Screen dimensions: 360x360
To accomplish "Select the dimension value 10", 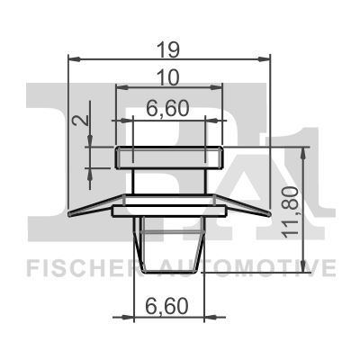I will (x=169, y=76).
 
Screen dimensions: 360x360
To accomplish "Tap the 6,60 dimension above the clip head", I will (x=168, y=109).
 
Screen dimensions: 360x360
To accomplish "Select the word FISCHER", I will (x=81, y=267).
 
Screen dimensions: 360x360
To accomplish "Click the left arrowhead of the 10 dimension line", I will (x=119, y=89).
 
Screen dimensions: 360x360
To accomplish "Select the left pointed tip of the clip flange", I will (x=71, y=214).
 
